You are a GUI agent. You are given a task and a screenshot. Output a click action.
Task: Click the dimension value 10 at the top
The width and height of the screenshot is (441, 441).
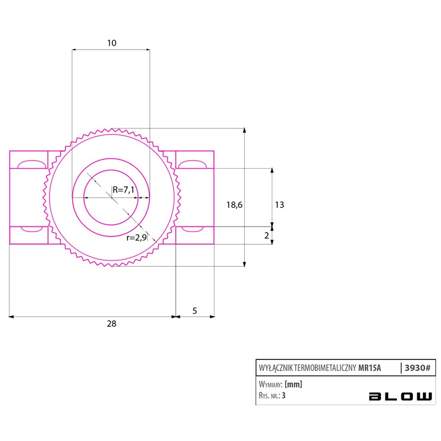[x=112, y=43]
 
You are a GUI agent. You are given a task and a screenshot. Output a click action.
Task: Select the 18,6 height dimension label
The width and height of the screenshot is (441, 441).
[x=234, y=205]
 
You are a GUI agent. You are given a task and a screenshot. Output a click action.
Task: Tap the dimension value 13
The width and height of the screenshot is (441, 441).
[x=279, y=205]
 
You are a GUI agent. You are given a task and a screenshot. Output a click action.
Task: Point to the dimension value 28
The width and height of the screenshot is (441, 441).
[x=112, y=324]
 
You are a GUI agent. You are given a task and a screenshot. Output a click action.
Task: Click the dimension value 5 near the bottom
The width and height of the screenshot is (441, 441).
[x=195, y=311]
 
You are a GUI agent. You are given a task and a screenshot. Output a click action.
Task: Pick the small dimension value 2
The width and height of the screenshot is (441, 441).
[x=267, y=236]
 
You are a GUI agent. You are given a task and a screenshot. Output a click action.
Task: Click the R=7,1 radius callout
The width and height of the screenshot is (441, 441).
[x=123, y=190]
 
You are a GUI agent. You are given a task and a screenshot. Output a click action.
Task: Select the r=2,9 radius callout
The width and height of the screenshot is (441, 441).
[x=137, y=238]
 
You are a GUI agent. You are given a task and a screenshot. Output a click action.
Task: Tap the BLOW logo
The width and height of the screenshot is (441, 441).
[x=401, y=396]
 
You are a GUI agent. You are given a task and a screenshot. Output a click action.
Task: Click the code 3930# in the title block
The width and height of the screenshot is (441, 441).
[x=417, y=368]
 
